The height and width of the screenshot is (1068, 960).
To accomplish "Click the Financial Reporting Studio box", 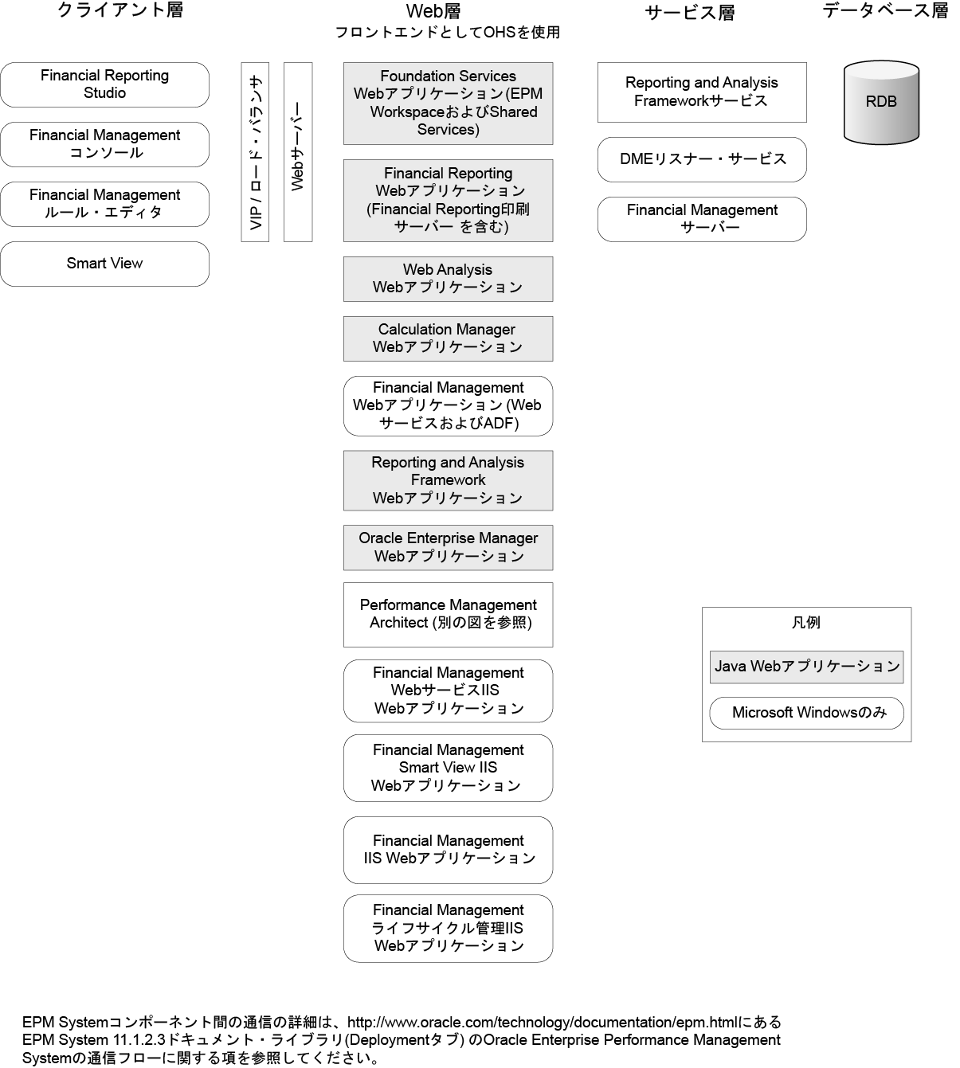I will pyautogui.click(x=104, y=84).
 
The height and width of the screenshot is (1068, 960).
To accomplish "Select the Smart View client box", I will pyautogui.click(x=104, y=264).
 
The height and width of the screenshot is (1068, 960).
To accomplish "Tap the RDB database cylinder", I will pyautogui.click(x=881, y=102).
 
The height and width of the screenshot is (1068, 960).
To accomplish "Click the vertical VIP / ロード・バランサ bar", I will pyautogui.click(x=255, y=151).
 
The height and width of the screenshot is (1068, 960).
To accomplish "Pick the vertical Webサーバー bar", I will pyautogui.click(x=298, y=151).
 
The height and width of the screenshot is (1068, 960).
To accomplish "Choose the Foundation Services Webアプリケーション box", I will pyautogui.click(x=448, y=104).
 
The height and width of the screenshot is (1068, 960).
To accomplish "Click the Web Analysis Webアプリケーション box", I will pyautogui.click(x=448, y=279).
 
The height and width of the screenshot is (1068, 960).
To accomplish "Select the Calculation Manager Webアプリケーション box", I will pyautogui.click(x=448, y=338).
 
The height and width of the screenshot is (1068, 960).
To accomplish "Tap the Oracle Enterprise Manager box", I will pyautogui.click(x=448, y=547).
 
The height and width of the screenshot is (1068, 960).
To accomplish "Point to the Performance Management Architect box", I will pyautogui.click(x=448, y=614).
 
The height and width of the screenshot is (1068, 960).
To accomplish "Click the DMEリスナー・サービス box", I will pyautogui.click(x=702, y=159).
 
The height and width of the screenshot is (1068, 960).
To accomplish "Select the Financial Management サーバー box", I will pyautogui.click(x=702, y=219).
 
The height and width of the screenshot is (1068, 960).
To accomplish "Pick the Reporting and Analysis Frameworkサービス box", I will pyautogui.click(x=702, y=92).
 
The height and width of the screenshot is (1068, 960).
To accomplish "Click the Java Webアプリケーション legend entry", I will pyautogui.click(x=806, y=667).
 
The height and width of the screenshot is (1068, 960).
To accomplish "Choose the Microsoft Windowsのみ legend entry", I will pyautogui.click(x=806, y=713).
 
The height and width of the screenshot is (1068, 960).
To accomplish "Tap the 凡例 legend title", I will pyautogui.click(x=805, y=622).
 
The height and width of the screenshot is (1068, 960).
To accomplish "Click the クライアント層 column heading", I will pyautogui.click(x=120, y=10).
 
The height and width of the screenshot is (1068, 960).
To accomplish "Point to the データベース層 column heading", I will pyautogui.click(x=885, y=10).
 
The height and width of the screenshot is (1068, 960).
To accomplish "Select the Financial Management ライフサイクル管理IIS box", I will pyautogui.click(x=448, y=928).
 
